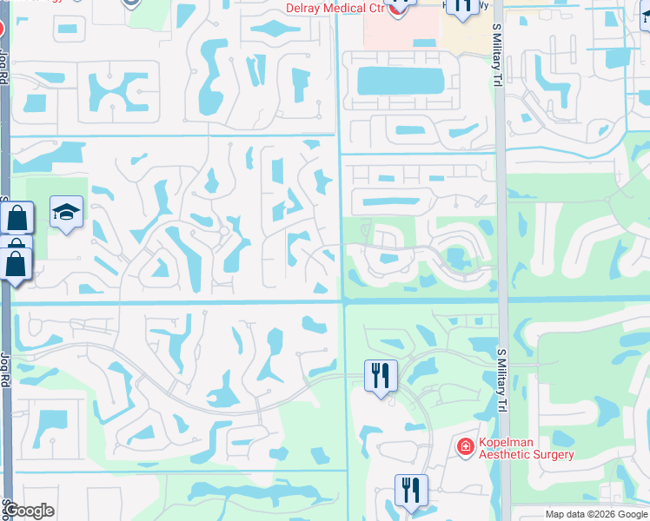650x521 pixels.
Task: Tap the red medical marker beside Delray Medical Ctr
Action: click(397, 7)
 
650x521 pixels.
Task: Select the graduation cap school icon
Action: click(66, 213)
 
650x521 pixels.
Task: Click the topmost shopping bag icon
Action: click(17, 218)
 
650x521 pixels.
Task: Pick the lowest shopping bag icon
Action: click(16, 264)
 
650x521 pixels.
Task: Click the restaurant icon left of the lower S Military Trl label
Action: click(380, 376)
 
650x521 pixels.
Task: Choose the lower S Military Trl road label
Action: click(501, 381)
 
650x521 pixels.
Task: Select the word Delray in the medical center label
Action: click(306, 9)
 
